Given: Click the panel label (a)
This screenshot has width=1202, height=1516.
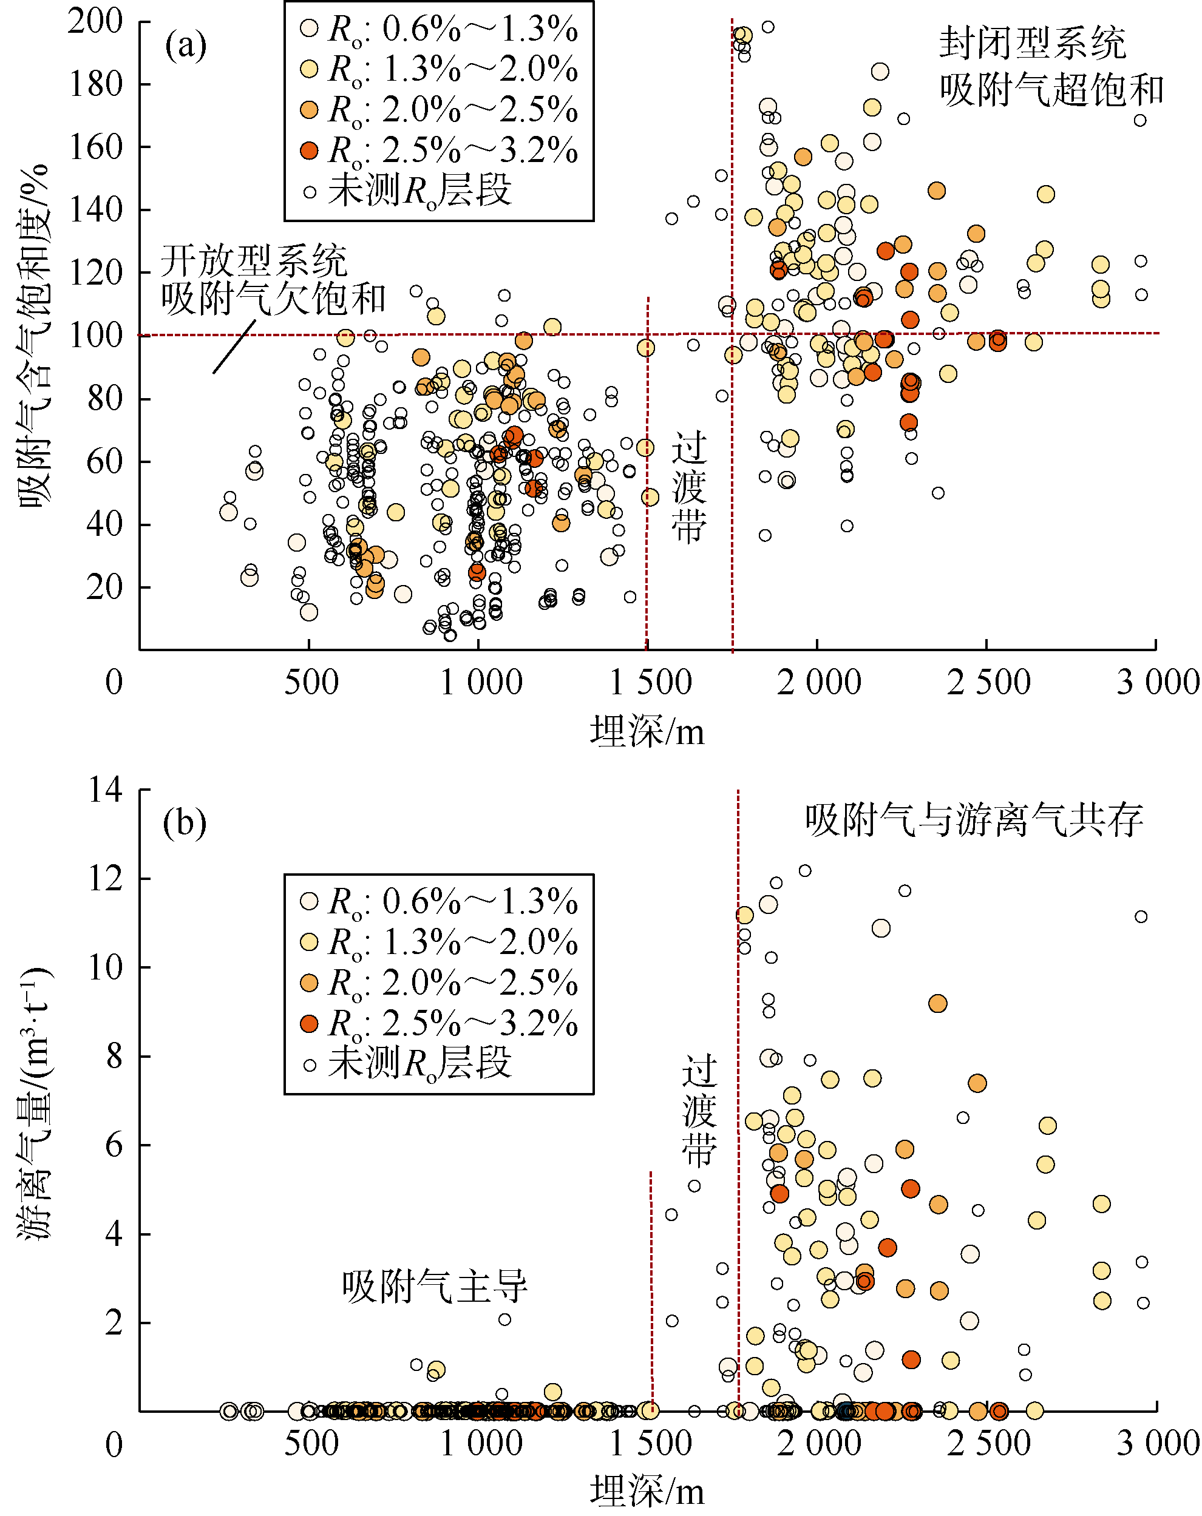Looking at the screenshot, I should [x=186, y=46].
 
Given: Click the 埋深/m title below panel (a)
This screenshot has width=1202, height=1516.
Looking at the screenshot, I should [x=647, y=731].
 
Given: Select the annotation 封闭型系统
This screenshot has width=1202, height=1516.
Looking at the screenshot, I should [x=1033, y=44].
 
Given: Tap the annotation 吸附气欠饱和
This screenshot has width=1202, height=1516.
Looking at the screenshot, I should [x=273, y=299].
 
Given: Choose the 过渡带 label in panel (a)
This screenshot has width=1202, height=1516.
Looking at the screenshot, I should [x=688, y=487].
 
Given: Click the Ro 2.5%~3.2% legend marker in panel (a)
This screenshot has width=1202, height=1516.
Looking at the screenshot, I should [x=309, y=150].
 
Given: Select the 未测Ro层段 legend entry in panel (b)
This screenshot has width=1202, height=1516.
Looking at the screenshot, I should [x=420, y=1063].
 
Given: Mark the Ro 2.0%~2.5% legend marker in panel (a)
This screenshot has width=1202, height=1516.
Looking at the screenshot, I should [x=309, y=110].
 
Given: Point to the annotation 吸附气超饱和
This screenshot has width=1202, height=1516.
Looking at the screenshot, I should [x=1051, y=90].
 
